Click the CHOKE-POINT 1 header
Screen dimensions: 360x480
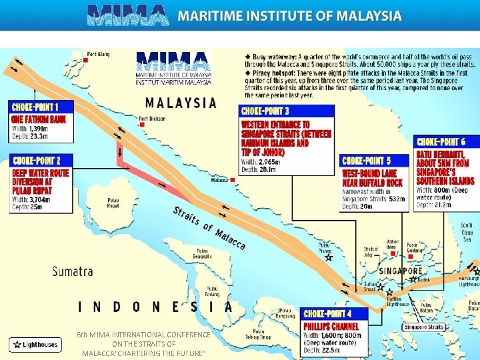point(34,107)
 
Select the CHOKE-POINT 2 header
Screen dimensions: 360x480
point(37,161)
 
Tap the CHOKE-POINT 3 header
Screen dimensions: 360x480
point(265,111)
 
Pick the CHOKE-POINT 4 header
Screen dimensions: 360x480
point(327,313)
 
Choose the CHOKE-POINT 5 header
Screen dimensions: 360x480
point(366,161)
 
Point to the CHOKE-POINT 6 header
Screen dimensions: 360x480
point(441,141)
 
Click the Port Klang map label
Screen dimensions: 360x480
point(97,54)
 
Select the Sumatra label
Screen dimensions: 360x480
point(73,271)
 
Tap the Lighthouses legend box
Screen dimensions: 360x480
point(35,345)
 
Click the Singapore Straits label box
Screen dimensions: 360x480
point(425,327)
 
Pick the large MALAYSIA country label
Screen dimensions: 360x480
point(181,103)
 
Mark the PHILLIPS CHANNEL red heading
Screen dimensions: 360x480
point(331,327)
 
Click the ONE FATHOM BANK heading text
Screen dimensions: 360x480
point(39,120)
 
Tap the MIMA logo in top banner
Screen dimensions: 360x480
point(127,15)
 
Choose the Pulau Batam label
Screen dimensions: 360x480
point(427,308)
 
